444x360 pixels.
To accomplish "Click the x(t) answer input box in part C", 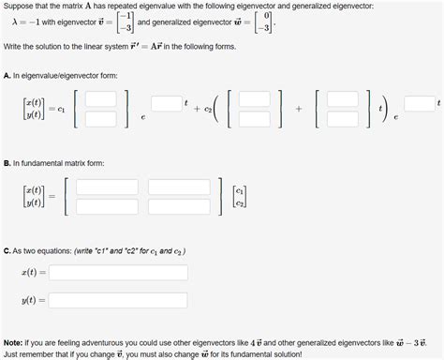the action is [x=119, y=272].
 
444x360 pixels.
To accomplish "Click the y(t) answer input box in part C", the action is [x=119, y=301].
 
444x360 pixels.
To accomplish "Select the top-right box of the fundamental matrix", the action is [x=179, y=187].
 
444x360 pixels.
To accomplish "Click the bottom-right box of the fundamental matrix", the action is [x=179, y=205].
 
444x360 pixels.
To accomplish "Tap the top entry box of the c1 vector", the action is [x=101, y=98].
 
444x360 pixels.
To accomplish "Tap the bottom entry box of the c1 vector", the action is [x=101, y=119].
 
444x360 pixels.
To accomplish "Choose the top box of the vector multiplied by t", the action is [x=341, y=98].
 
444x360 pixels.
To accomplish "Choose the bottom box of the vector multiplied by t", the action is [x=341, y=119].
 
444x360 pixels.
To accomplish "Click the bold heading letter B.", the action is [x=7, y=162].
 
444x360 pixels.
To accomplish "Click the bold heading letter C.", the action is [x=7, y=250].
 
